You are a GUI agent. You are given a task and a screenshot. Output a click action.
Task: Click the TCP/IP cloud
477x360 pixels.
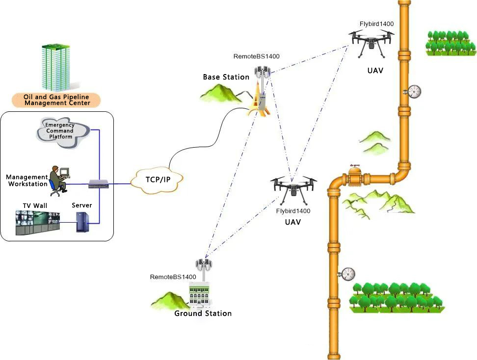pos(158,180)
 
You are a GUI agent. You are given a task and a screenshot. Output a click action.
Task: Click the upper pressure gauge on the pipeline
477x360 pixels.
pos(414,91)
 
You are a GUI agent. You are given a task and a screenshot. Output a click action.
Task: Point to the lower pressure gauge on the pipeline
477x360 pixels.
pos(348,273)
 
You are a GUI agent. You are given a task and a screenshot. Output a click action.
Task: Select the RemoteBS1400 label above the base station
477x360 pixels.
pos(256,56)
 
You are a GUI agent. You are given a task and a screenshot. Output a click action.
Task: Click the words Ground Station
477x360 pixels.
pos(203,313)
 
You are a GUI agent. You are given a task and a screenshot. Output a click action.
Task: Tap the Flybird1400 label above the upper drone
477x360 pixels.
pos(376,24)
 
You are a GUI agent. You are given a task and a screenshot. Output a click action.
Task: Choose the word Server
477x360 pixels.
pos(82,205)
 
